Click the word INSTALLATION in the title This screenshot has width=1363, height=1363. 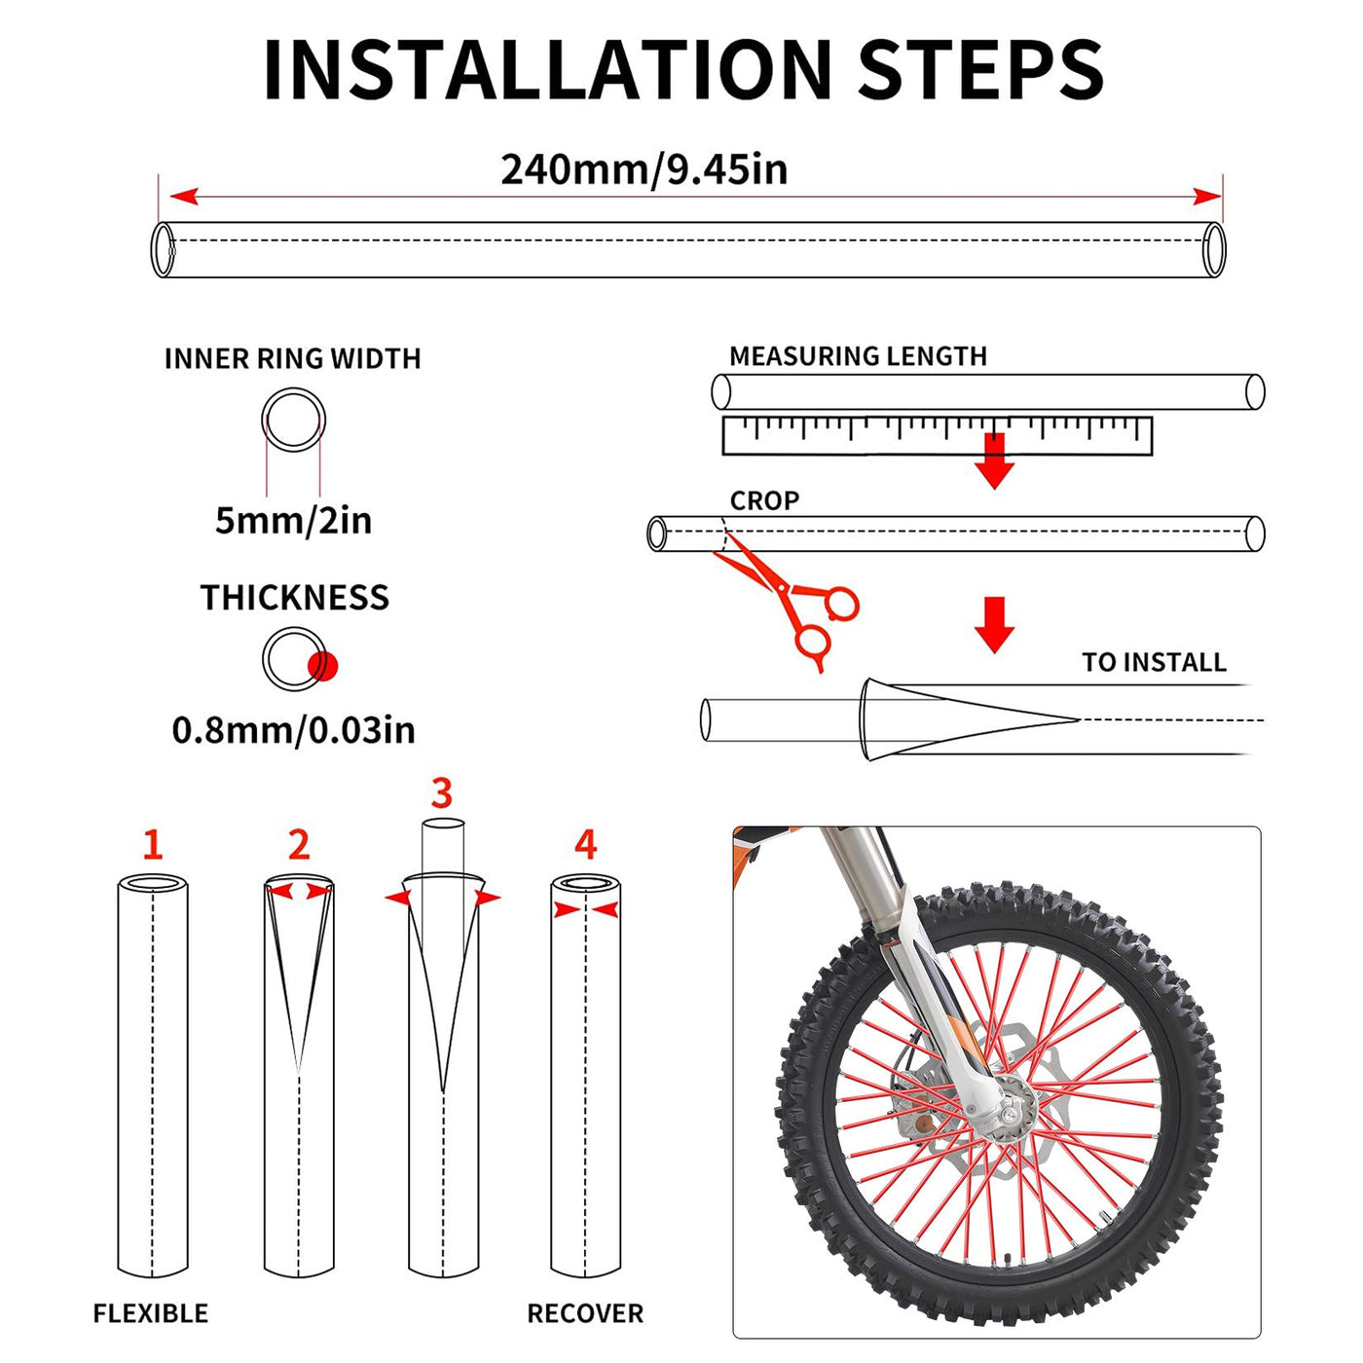tap(547, 69)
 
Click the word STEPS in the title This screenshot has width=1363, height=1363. tap(979, 69)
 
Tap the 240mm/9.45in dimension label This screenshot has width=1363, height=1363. tap(644, 169)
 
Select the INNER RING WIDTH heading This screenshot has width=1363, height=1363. tap(293, 358)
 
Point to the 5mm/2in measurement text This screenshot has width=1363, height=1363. tap(294, 521)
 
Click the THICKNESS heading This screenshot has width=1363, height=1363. tap(294, 597)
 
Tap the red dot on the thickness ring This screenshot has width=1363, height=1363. tap(322, 665)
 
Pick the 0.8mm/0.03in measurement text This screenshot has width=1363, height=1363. tap(294, 729)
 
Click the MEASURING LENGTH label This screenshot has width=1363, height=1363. tap(858, 355)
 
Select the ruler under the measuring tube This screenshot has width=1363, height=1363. tap(938, 436)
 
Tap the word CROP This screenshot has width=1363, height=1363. tap(764, 500)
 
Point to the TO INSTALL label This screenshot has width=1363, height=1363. tap(1155, 662)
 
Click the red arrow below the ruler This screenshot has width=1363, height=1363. tap(994, 460)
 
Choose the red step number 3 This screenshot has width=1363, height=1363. tap(442, 793)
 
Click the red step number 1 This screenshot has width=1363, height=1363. tap(153, 844)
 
